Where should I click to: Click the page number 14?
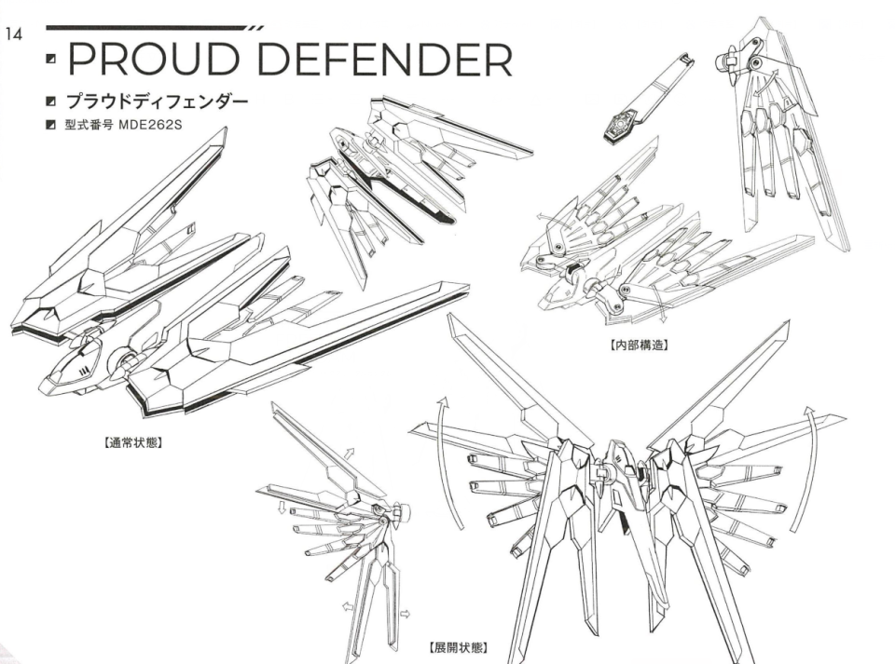coord(14,34)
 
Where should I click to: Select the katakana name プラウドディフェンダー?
coord(158,102)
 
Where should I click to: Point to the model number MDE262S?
coord(150,125)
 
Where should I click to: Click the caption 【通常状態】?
coord(132,442)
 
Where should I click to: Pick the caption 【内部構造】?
coord(639,345)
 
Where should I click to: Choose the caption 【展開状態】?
coord(458,647)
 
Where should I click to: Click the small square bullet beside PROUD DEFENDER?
coord(51,59)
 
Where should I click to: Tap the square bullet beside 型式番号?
coord(51,125)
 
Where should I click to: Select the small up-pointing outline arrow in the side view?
coord(349,454)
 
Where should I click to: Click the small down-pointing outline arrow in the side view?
coord(282,508)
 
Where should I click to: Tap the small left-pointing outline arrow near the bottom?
coord(347,607)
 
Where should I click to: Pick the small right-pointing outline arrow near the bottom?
coord(405,614)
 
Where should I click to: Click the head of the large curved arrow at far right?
coord(808,412)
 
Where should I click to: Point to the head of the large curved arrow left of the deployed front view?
coord(444,401)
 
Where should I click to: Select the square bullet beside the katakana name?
coord(51,102)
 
